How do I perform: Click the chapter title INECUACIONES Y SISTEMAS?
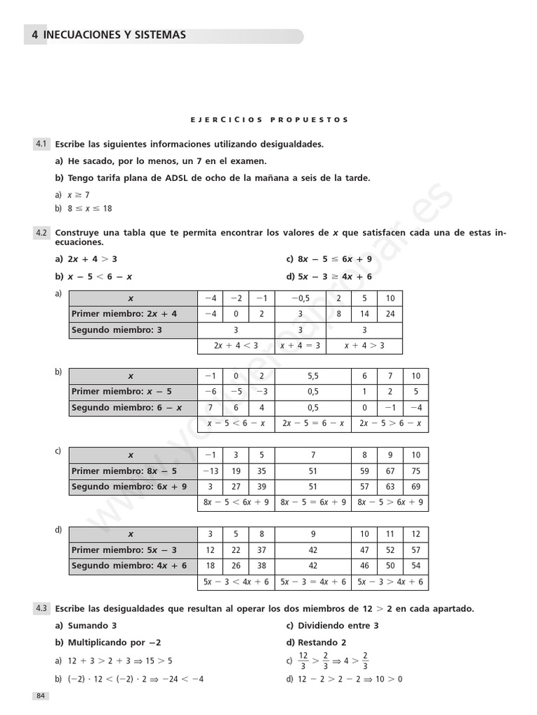click(115, 35)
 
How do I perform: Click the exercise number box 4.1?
click(41, 144)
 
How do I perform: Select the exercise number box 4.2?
click(41, 233)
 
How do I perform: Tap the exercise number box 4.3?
click(41, 609)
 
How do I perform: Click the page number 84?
click(39, 695)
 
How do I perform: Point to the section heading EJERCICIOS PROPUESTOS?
click(269, 120)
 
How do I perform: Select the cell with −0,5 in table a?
click(300, 298)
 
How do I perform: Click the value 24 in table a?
click(389, 314)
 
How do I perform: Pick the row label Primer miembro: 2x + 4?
click(124, 314)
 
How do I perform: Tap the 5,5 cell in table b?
click(313, 376)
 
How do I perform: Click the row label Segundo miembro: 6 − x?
click(127, 408)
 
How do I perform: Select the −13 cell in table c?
click(210, 471)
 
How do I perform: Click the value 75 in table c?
click(416, 471)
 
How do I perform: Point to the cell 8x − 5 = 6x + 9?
click(313, 503)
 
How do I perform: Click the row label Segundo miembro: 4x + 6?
click(129, 566)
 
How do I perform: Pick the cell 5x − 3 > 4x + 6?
click(389, 582)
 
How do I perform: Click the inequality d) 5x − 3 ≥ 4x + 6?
click(329, 277)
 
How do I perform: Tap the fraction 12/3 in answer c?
click(303, 661)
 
